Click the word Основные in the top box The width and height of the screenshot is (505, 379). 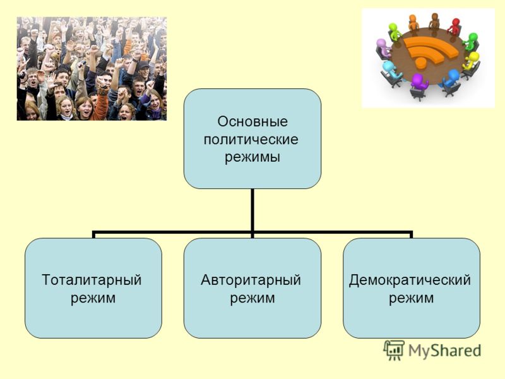(252, 121)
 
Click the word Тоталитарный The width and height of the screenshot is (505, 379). (92, 280)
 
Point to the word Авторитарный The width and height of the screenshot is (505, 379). (251, 280)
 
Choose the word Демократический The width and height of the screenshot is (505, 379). (410, 280)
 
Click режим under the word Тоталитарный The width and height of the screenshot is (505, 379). (93, 298)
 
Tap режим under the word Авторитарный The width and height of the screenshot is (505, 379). (252, 298)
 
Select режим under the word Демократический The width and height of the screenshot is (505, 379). (412, 298)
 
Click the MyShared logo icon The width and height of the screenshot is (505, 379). (394, 350)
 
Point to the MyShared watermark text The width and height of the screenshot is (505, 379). (445, 351)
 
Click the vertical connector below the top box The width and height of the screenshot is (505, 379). (252, 210)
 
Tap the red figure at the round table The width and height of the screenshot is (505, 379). (454, 27)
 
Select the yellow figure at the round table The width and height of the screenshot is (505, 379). (471, 61)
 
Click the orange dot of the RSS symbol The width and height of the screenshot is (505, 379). (420, 63)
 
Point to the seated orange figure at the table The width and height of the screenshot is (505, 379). (413, 23)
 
